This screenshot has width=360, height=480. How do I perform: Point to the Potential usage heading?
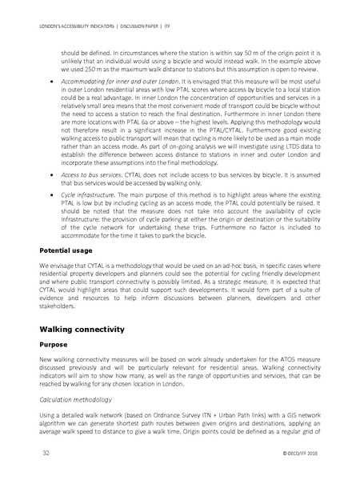70,250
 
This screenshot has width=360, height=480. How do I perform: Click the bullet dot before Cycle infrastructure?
52,206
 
